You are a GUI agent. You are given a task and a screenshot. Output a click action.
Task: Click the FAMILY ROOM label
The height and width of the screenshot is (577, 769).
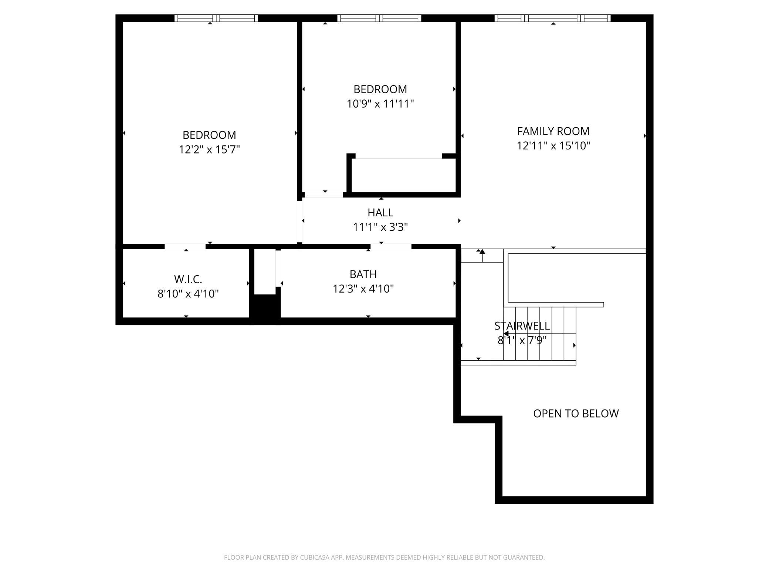coord(553,131)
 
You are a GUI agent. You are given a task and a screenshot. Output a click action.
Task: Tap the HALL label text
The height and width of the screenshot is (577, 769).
coord(380,213)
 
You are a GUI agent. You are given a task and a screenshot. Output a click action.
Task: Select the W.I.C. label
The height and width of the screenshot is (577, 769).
coord(188,279)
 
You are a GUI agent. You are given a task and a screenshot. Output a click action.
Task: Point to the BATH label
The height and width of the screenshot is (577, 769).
coord(363,274)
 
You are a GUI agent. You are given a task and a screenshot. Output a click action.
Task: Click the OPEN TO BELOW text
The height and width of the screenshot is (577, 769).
coord(576,414)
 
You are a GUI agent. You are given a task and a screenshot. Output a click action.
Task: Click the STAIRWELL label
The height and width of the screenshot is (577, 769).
coord(522,326)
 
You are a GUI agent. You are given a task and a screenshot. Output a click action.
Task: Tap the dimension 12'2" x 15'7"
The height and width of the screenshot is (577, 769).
coord(209,149)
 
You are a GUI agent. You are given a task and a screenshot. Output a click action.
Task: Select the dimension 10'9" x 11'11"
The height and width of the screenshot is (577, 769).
coord(380,104)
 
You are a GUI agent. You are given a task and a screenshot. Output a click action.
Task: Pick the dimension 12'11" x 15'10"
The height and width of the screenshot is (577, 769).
coord(553,146)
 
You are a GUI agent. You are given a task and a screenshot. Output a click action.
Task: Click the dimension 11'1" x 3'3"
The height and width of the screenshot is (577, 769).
coord(380,227)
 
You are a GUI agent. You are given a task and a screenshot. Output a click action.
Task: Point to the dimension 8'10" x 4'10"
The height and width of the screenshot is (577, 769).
coord(188,294)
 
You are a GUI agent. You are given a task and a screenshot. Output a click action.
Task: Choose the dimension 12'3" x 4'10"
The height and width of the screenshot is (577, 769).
coord(363,289)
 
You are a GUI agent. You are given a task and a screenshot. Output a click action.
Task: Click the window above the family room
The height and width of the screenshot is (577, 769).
coord(552,18)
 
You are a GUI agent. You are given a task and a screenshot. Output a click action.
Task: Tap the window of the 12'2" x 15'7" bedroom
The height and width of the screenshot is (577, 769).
coord(216,18)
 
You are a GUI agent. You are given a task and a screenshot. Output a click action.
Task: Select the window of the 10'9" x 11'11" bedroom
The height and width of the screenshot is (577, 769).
coord(379,18)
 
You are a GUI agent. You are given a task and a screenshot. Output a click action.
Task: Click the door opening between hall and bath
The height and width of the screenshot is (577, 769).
coord(391,246)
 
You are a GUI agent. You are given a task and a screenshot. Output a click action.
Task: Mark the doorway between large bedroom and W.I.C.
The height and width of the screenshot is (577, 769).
coord(185,246)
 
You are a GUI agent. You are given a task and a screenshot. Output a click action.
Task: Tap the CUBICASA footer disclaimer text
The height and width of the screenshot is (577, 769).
coord(384,557)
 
